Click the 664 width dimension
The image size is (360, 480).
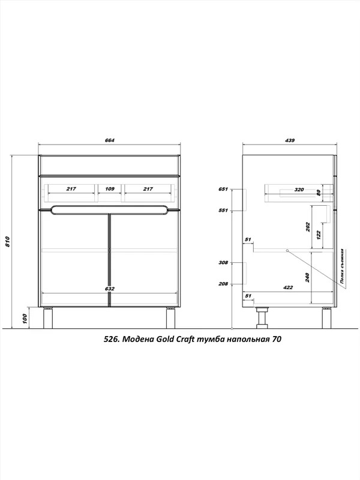(109, 140)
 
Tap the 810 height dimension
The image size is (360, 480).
(8, 242)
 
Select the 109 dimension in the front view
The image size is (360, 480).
(110, 189)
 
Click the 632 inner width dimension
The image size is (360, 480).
(109, 289)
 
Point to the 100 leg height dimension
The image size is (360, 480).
(25, 319)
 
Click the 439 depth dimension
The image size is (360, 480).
(289, 140)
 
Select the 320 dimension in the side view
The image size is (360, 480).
(299, 190)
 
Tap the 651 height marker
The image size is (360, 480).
(223, 189)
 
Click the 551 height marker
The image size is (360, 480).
(223, 211)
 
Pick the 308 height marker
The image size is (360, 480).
(223, 262)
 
